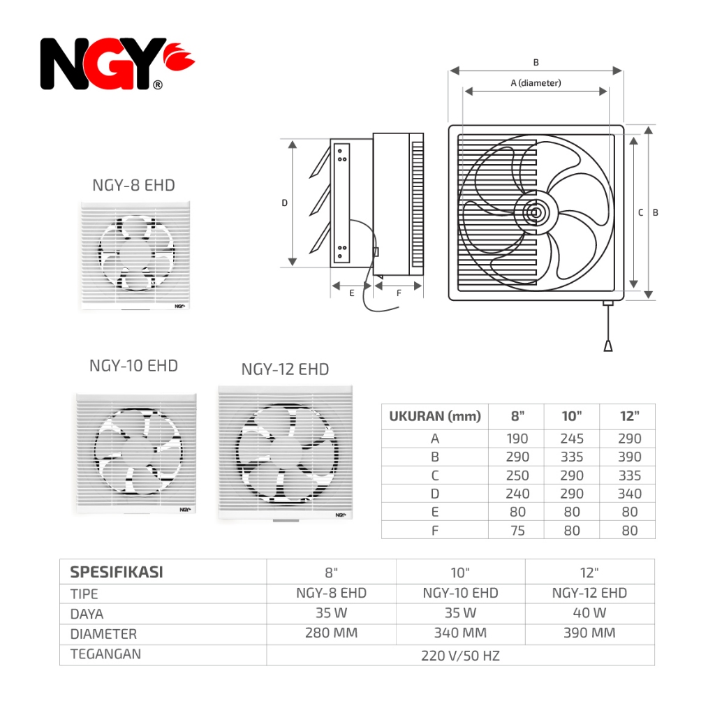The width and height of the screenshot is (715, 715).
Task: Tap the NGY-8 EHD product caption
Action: [x=133, y=185]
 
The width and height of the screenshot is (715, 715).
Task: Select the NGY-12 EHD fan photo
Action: [x=286, y=452]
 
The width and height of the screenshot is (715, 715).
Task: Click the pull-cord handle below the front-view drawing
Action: [x=608, y=346]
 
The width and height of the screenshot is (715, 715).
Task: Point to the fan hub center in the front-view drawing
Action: [x=536, y=212]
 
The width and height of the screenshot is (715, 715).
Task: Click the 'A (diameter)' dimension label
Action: [x=536, y=83]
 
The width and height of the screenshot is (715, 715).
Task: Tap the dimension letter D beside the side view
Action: [x=285, y=203]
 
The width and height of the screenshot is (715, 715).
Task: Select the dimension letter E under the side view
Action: [x=352, y=293]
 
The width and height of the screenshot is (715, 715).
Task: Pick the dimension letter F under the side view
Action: [x=399, y=293]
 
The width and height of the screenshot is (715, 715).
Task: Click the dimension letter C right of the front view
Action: [x=641, y=212]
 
